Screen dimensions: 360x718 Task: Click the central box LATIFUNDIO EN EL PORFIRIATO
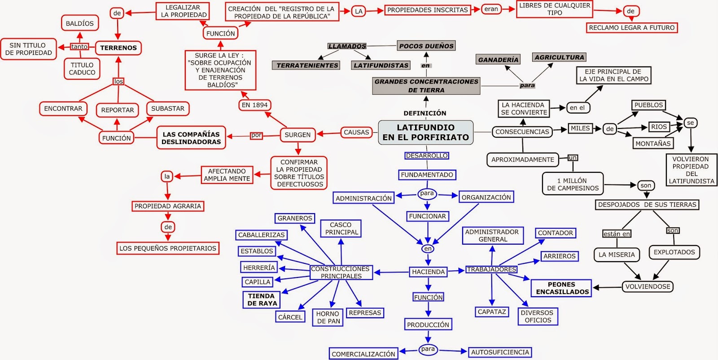pyautogui.click(x=425, y=132)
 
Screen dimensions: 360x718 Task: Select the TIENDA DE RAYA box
pyautogui.click(x=262, y=300)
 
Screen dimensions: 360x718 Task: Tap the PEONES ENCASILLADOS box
pyautogui.click(x=561, y=288)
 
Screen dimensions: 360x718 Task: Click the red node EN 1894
pyautogui.click(x=254, y=105)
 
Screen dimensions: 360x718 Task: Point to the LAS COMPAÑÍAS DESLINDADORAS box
pyautogui.click(x=191, y=138)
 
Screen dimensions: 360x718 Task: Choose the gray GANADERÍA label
pyautogui.click(x=498, y=60)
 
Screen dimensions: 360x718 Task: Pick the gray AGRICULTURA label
pyautogui.click(x=559, y=57)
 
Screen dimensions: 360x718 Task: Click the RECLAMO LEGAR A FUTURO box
pyautogui.click(x=631, y=28)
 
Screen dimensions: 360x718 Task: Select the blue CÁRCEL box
pyautogui.click(x=290, y=317)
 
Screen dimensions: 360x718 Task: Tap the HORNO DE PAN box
pyautogui.click(x=328, y=317)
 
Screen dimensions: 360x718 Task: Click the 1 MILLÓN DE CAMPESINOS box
pyautogui.click(x=573, y=184)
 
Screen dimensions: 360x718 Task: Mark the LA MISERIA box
pyautogui.click(x=617, y=255)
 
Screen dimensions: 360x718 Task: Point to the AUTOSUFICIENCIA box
pyautogui.click(x=500, y=352)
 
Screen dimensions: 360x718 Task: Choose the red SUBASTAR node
pyautogui.click(x=168, y=109)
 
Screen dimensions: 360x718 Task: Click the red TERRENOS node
pyautogui.click(x=118, y=48)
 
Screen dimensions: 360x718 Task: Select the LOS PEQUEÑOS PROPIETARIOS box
pyautogui.click(x=168, y=248)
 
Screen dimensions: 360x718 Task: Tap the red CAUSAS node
pyautogui.click(x=356, y=132)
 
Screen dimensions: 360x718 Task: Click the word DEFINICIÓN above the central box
pyautogui.click(x=425, y=113)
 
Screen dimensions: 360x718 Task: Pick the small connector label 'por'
pyautogui.click(x=256, y=135)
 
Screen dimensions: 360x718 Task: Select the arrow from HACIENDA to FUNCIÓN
pyautogui.click(x=428, y=285)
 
